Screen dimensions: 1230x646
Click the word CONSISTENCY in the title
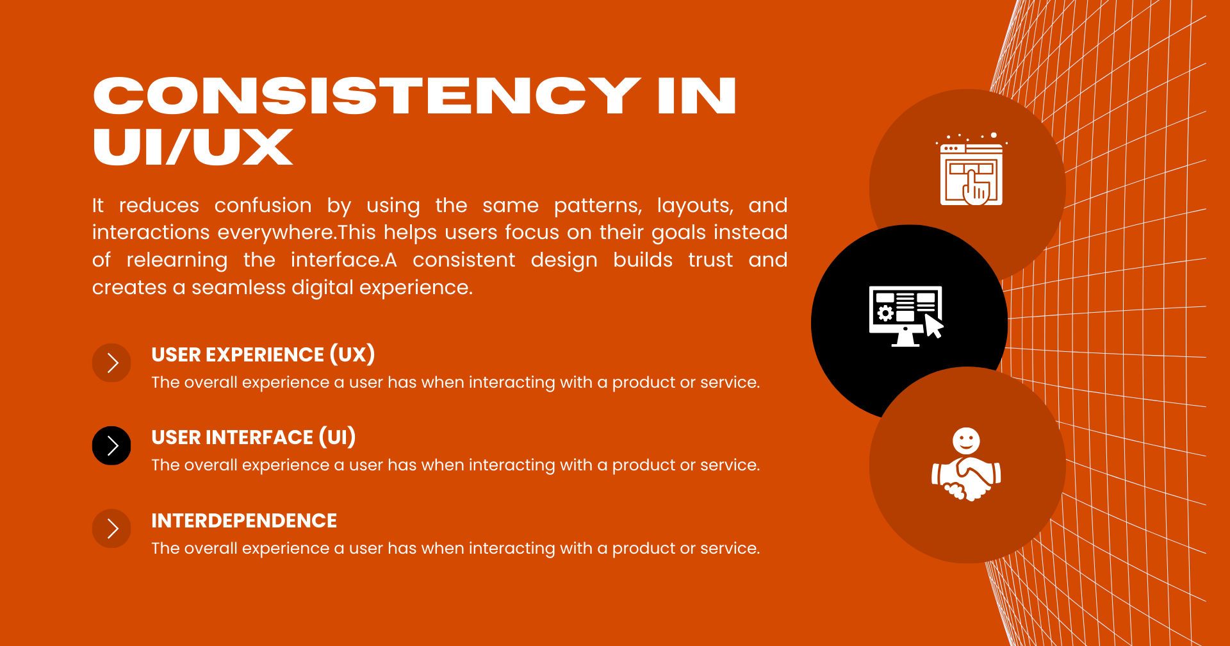click(367, 96)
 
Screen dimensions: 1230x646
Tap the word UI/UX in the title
click(193, 147)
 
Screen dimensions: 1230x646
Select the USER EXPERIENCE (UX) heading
click(263, 354)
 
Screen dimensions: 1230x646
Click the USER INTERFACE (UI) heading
click(254, 437)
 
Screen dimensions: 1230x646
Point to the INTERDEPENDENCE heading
click(244, 520)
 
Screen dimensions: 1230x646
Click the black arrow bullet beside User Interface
click(111, 445)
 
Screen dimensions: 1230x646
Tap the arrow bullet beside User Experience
click(111, 363)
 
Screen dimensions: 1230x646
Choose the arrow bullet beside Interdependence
click(111, 529)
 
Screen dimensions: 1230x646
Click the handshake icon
click(966, 477)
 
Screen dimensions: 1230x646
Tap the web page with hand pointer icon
click(971, 170)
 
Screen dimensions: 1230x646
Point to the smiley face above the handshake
click(966, 441)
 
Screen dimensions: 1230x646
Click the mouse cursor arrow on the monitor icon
click(934, 325)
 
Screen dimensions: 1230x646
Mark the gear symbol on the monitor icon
click(885, 313)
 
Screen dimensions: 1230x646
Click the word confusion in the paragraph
click(263, 205)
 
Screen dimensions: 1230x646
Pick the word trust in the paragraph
click(710, 260)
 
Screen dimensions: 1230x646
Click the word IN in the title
click(697, 96)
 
